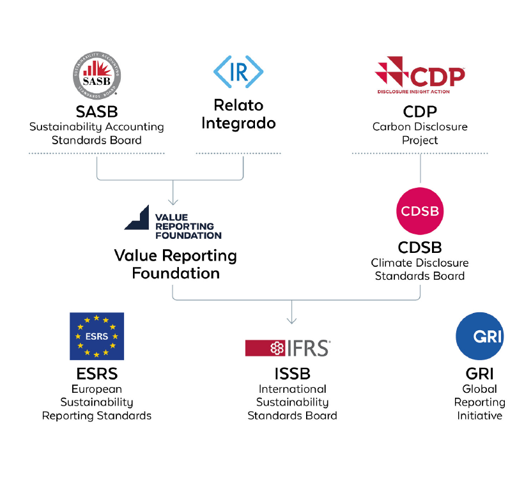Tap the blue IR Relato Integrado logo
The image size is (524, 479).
coord(238,72)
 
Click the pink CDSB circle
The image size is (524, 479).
coord(420,211)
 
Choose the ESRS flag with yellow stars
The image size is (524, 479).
coord(96,336)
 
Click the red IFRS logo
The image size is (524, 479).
coord(288,347)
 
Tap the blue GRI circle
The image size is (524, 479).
coord(479,336)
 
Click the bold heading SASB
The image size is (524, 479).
coord(96,112)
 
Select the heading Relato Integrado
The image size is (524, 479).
coord(238,114)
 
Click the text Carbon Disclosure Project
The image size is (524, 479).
coord(420,133)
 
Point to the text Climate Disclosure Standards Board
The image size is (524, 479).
coord(420,269)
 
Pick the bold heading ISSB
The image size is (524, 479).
coord(292,373)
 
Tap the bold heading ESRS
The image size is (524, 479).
coord(96,373)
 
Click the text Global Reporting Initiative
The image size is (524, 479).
coord(479,402)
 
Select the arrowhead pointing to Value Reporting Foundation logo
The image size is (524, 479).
coord(173,201)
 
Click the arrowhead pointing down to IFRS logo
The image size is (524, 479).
coord(292,321)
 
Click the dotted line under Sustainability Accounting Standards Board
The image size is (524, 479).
coord(96,153)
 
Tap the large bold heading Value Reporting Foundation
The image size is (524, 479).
coord(176,264)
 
